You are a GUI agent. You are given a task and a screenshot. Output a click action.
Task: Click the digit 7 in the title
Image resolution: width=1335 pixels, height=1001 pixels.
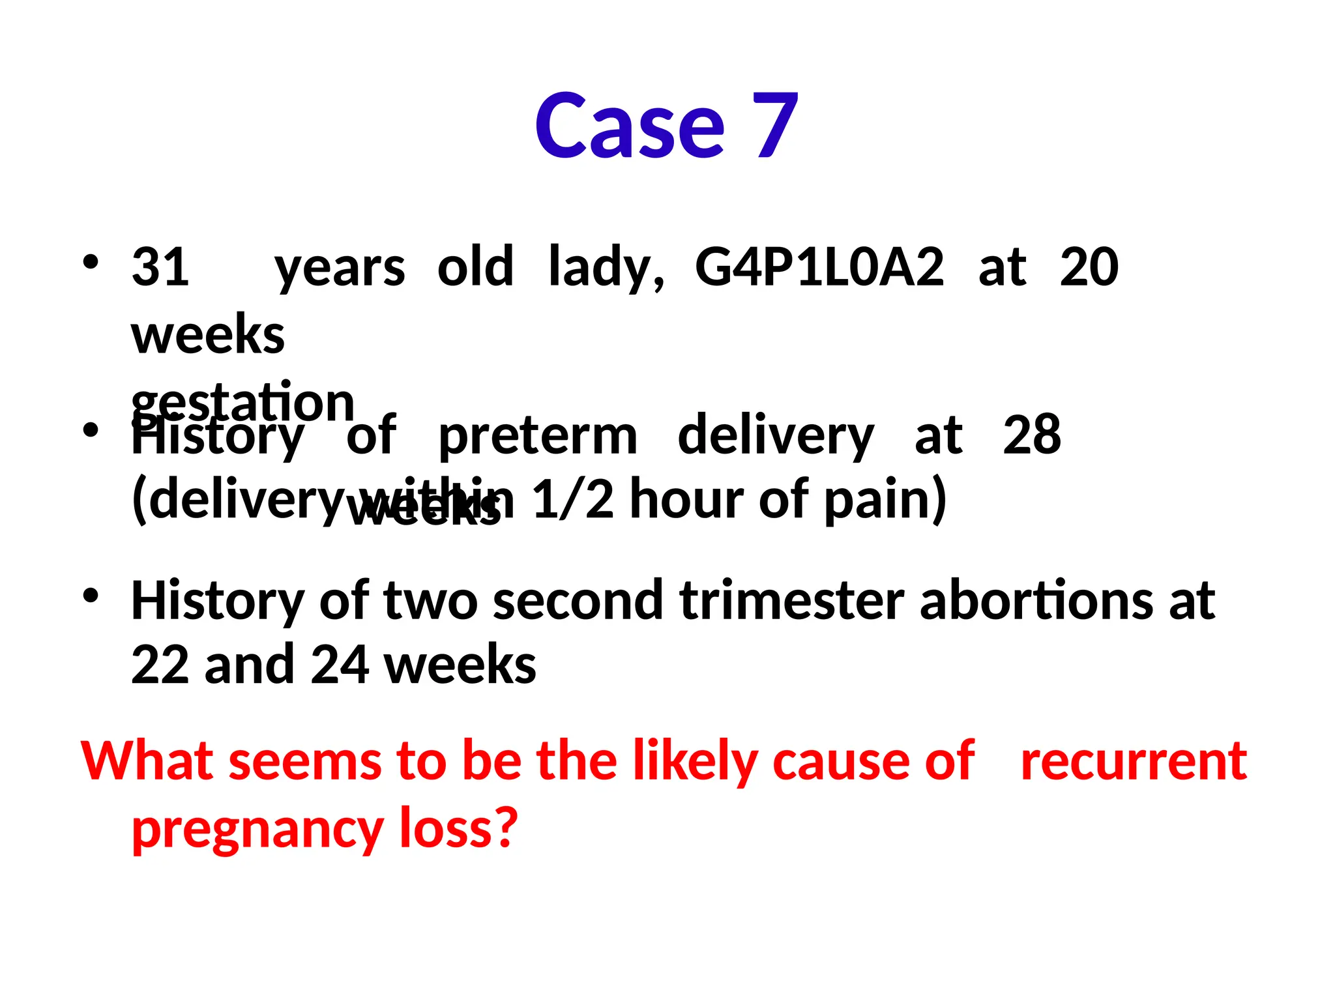point(775,125)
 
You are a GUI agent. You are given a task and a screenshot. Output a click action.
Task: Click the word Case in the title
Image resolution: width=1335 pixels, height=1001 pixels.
point(629,125)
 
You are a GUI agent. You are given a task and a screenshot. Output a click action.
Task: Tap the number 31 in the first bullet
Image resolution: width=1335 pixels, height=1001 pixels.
point(160,267)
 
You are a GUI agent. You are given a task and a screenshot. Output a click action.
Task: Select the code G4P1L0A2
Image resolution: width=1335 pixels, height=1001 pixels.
point(819,267)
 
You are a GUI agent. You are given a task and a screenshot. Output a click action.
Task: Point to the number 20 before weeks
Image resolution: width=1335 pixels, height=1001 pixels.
point(1089,267)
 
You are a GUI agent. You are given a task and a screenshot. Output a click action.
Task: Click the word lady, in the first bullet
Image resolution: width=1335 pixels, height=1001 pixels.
point(606,268)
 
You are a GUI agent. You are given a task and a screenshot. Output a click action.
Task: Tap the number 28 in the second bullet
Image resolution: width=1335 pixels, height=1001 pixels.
point(1031,434)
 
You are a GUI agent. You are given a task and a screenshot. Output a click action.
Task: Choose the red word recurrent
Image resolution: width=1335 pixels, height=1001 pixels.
point(1134,761)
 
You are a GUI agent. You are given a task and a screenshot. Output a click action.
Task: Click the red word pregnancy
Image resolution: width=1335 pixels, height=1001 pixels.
point(257,830)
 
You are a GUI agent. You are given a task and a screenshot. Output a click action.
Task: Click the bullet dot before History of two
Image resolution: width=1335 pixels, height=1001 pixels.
point(91,595)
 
